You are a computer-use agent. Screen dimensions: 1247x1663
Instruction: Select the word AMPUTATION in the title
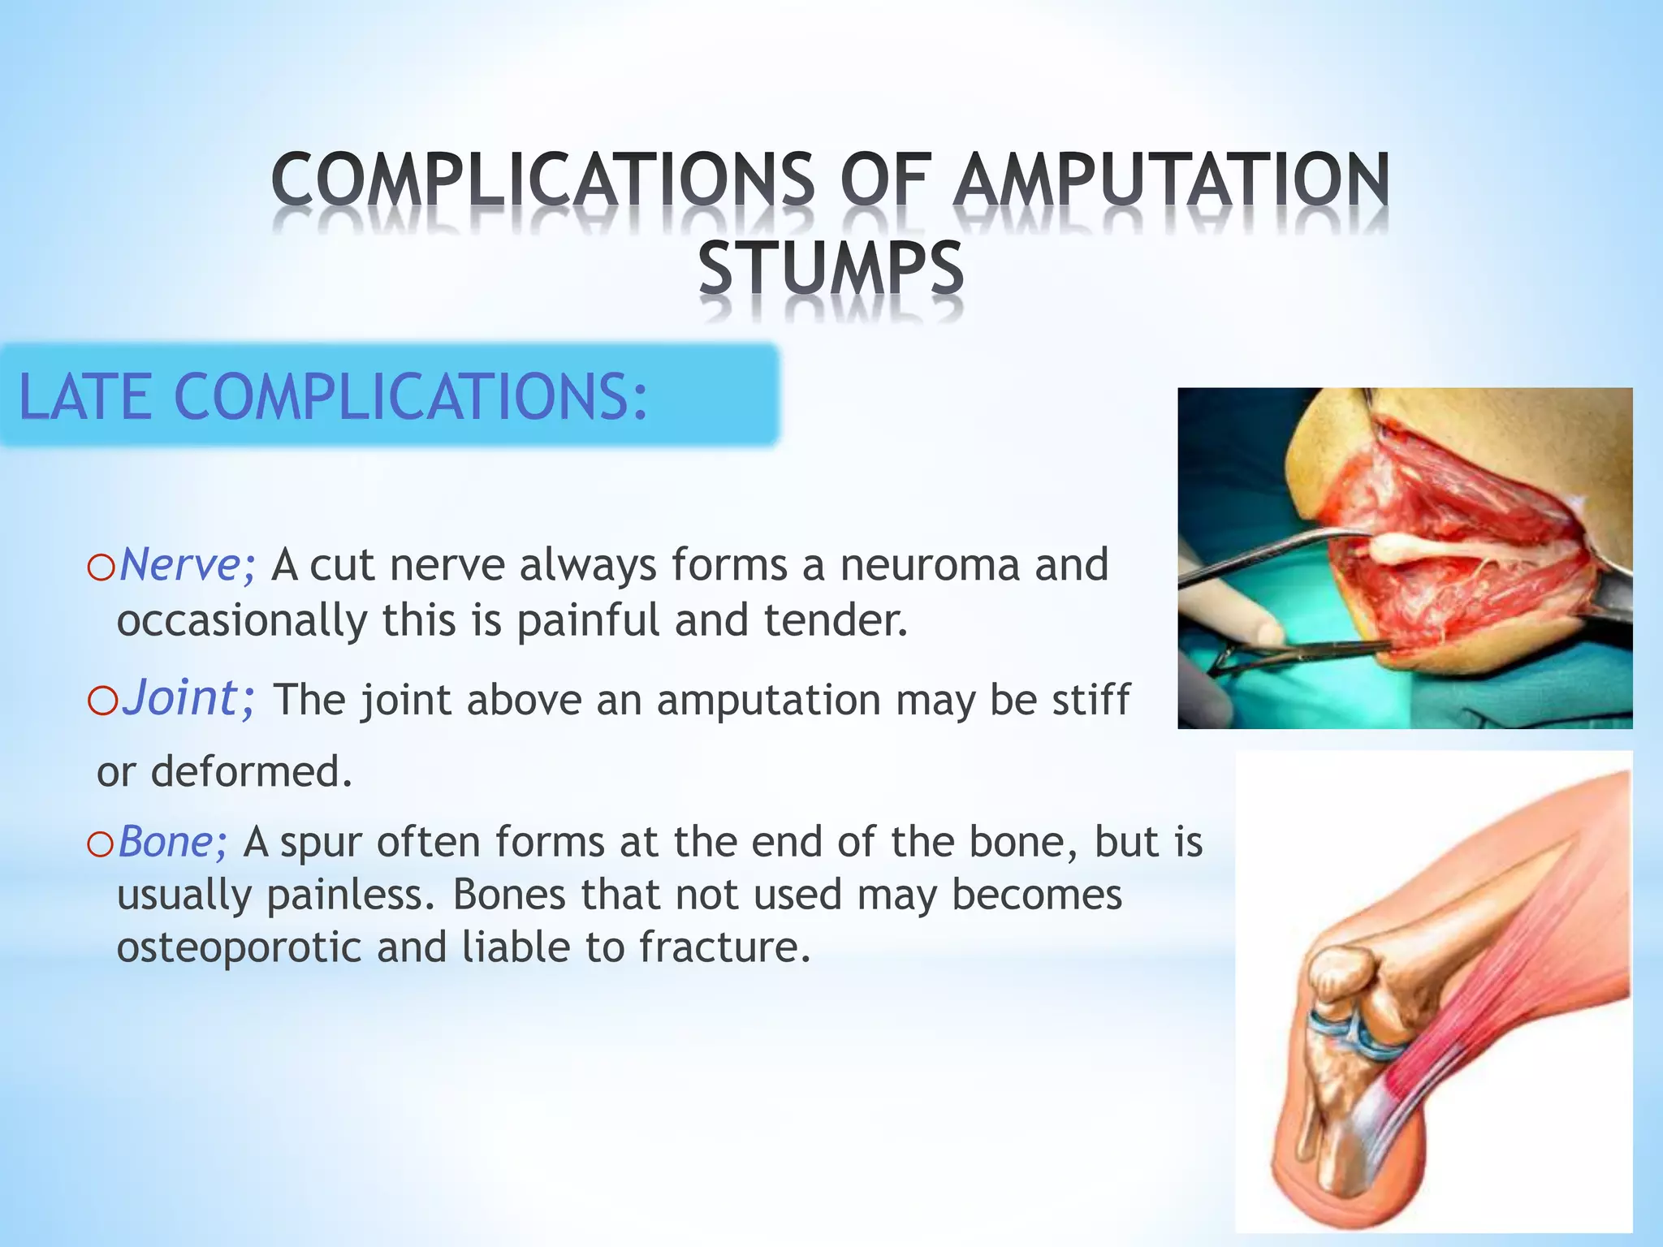click(x=1170, y=180)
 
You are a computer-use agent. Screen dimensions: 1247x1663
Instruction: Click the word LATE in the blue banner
click(x=84, y=397)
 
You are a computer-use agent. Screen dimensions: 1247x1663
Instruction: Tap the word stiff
click(x=1090, y=700)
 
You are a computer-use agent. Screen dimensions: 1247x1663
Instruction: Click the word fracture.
click(x=724, y=947)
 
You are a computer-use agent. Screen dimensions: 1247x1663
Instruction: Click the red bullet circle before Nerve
click(x=102, y=568)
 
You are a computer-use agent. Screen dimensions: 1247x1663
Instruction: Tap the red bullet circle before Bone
click(x=102, y=845)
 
